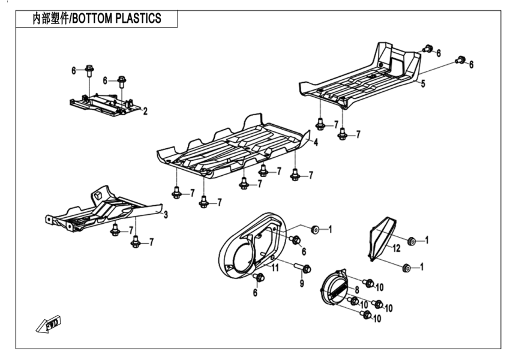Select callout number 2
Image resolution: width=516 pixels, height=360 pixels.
(x=145, y=110)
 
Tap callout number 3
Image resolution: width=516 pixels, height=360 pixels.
(x=166, y=214)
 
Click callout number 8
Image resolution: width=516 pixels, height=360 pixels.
(x=356, y=290)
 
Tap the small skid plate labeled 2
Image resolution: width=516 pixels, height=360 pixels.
(x=105, y=104)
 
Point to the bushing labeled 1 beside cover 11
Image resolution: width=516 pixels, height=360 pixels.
(x=314, y=229)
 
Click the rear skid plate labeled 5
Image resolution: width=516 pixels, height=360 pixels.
(x=360, y=78)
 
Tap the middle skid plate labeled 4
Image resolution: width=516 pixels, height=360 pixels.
(x=234, y=147)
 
